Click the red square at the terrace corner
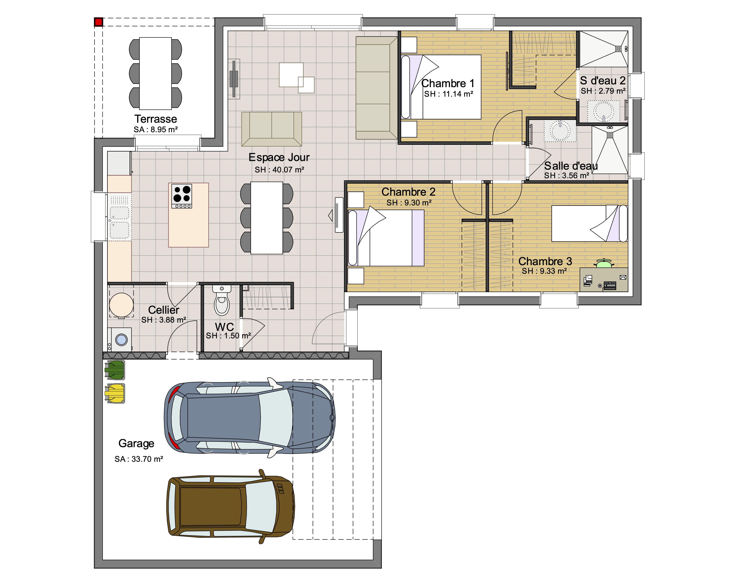pyautogui.click(x=98, y=22)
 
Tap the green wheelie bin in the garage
pyautogui.click(x=115, y=370)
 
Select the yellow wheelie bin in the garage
pyautogui.click(x=115, y=393)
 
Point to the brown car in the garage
pyautogui.click(x=231, y=506)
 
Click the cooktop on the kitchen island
pyautogui.click(x=182, y=196)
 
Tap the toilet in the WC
pyautogui.click(x=222, y=300)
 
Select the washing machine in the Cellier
pyautogui.click(x=120, y=339)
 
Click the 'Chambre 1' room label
pyautogui.click(x=448, y=83)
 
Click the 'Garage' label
pyautogui.click(x=136, y=443)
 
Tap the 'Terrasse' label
pyautogui.click(x=156, y=119)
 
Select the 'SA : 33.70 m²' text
pyautogui.click(x=139, y=459)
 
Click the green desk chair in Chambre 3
pyautogui.click(x=604, y=263)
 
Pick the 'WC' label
pyautogui.click(x=225, y=327)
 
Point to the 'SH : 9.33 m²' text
pyautogui.click(x=544, y=271)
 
